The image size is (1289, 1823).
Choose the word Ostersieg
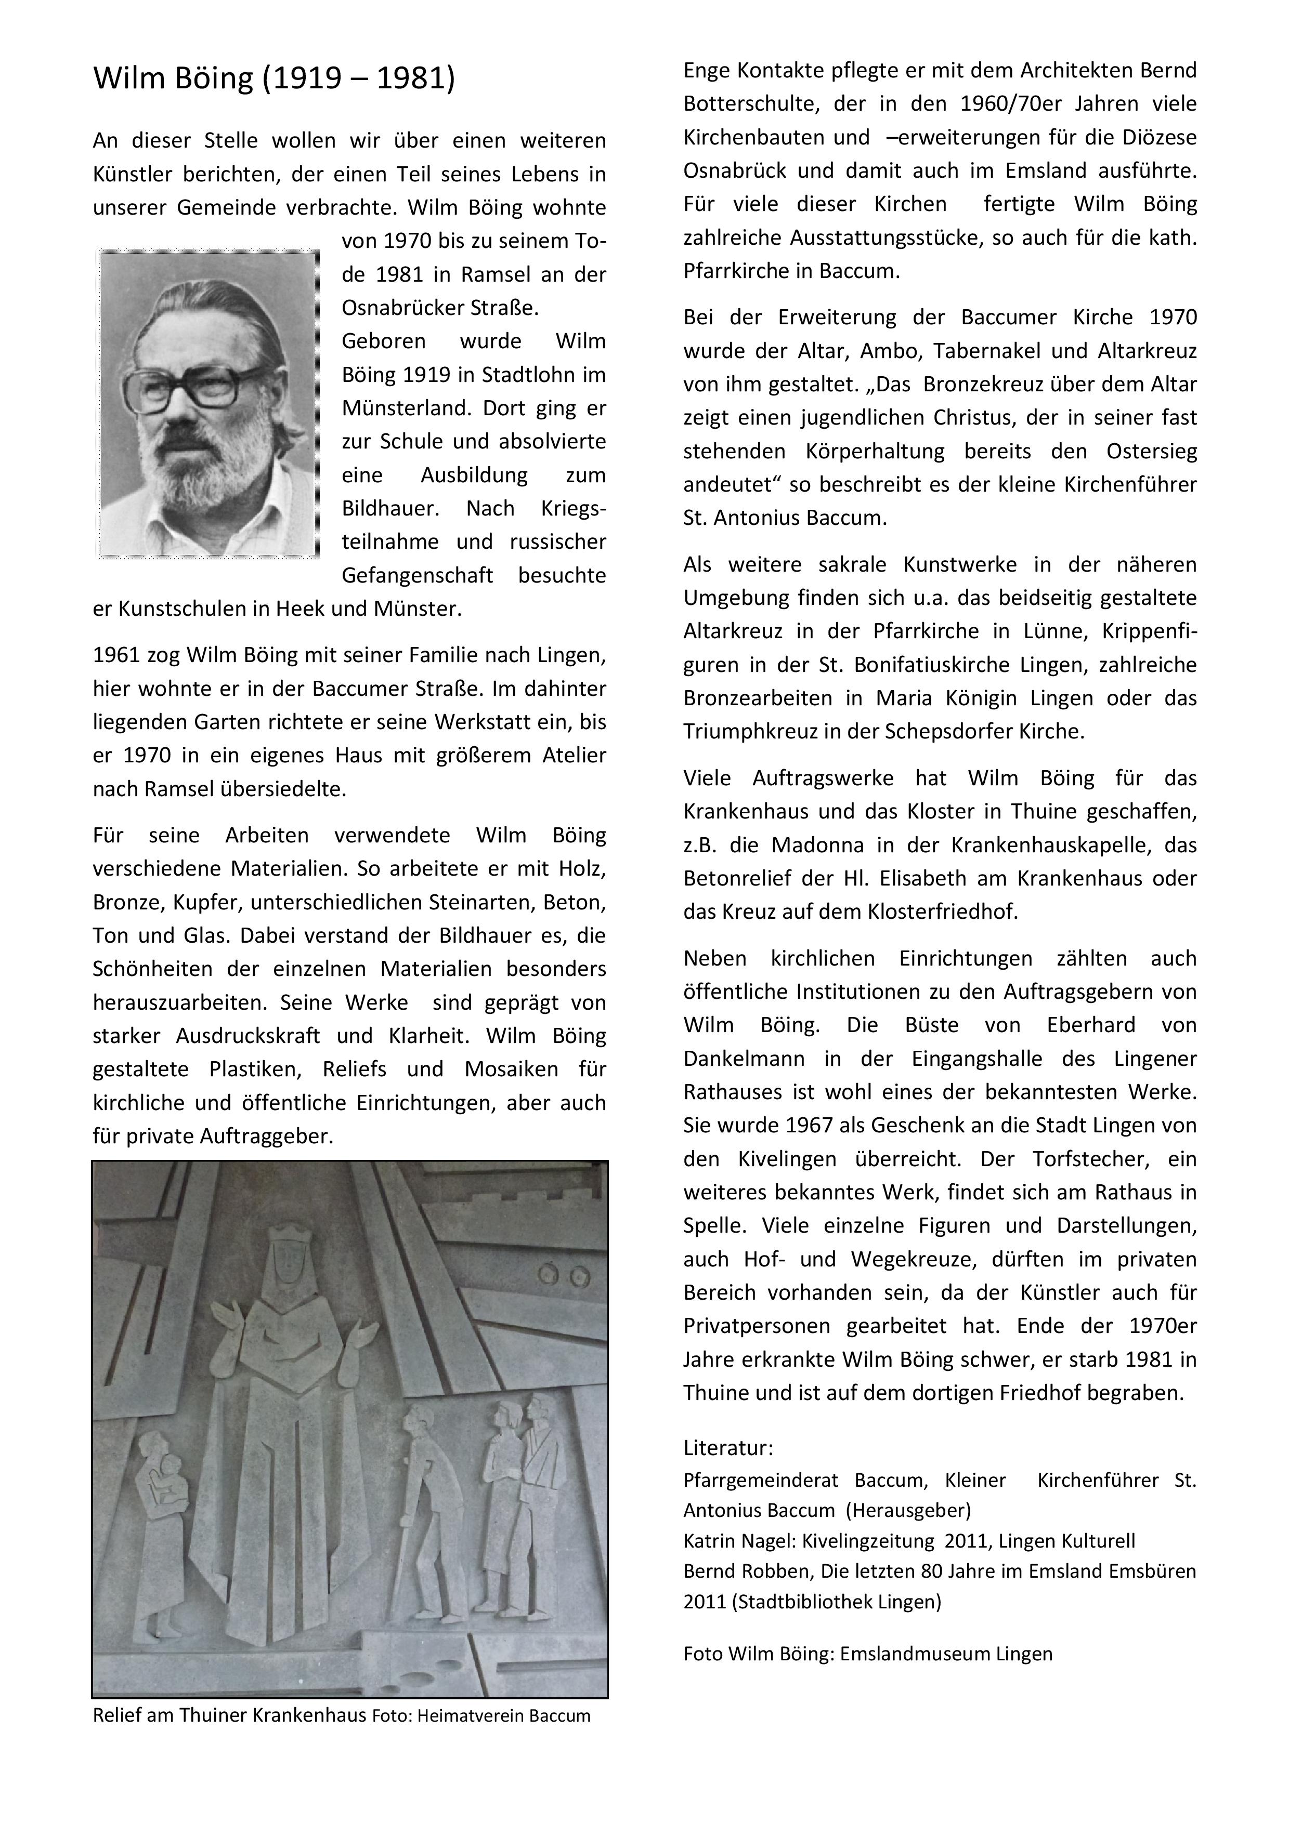click(x=1151, y=452)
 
